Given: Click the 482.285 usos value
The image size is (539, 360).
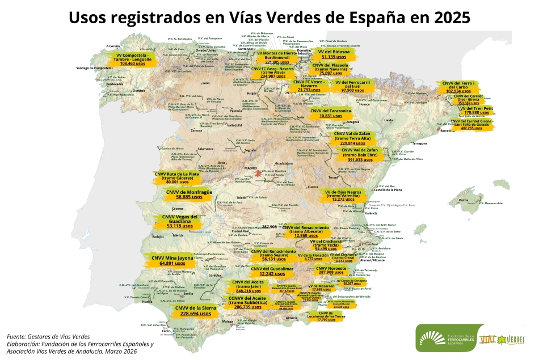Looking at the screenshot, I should tap(471, 128).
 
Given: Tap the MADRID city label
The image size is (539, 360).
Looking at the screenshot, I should tap(250, 168).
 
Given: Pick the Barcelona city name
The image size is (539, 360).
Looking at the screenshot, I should tap(448, 130).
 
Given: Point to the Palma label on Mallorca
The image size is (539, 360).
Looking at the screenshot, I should tap(464, 200).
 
